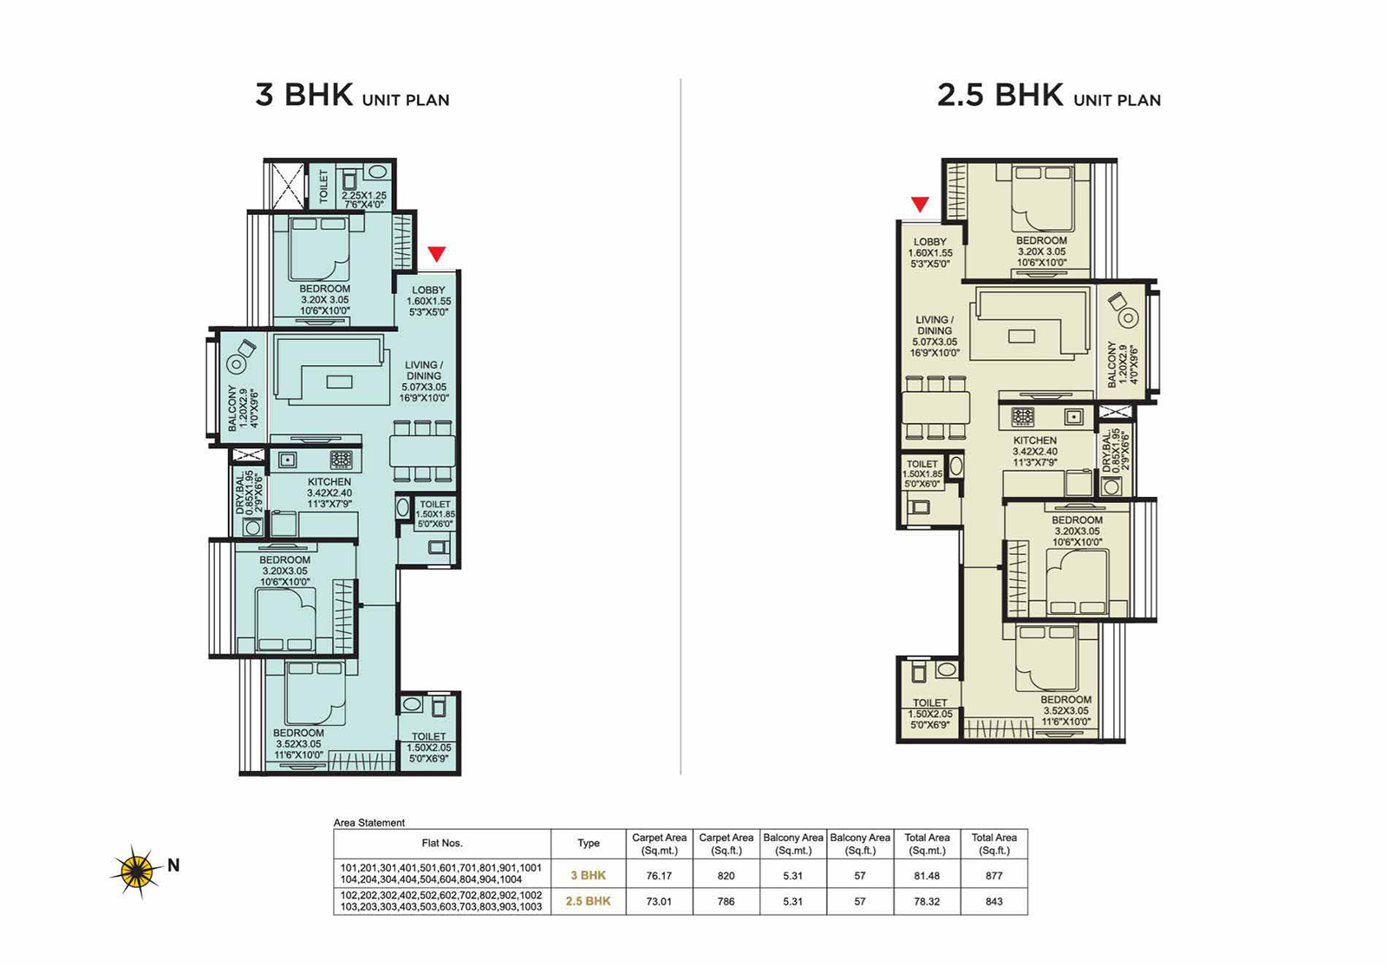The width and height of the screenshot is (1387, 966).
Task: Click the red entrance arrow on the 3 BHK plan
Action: (x=437, y=254)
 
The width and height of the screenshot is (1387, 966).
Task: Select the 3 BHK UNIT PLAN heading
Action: (x=352, y=95)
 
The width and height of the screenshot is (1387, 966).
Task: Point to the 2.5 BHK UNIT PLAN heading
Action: (x=1049, y=95)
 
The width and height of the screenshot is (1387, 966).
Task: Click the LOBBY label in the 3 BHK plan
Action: (x=428, y=290)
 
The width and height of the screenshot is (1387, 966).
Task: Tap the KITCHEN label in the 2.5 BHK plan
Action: (x=1035, y=441)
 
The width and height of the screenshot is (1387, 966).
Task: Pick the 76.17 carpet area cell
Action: (x=659, y=876)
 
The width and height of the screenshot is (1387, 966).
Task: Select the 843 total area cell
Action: (x=993, y=902)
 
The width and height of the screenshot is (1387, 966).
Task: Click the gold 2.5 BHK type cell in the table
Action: (x=588, y=902)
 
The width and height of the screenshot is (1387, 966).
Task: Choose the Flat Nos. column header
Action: (x=442, y=844)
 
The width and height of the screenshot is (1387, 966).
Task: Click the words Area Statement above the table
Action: (x=369, y=823)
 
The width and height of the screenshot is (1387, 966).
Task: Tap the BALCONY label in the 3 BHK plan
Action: (x=232, y=408)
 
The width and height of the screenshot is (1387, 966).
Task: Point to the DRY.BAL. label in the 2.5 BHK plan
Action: (x=1107, y=453)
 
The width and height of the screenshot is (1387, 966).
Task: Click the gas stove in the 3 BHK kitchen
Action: (x=342, y=460)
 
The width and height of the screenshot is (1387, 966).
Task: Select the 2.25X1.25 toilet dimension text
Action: (x=364, y=196)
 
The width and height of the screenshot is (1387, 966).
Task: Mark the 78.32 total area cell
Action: (x=927, y=902)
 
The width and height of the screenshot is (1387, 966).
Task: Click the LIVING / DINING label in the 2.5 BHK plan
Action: (x=935, y=325)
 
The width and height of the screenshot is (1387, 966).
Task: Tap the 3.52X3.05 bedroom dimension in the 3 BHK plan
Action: (x=298, y=744)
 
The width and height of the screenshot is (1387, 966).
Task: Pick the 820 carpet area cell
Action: (x=726, y=876)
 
